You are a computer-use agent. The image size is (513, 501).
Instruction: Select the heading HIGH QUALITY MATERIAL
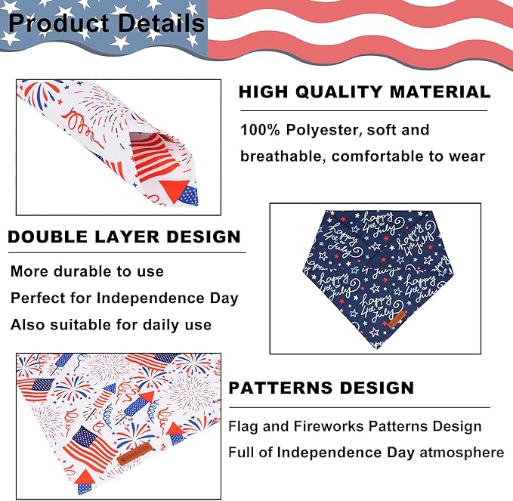pos(364,92)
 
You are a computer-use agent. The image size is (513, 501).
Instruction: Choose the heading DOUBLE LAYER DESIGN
pos(124,237)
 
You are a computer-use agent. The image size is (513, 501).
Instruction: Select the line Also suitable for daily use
pos(111,325)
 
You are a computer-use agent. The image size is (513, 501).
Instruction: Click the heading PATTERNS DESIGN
pos(321,388)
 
